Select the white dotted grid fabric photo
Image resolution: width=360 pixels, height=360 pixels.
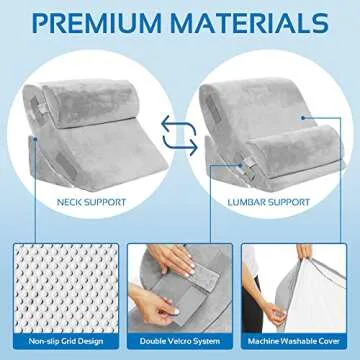[x=59, y=285]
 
